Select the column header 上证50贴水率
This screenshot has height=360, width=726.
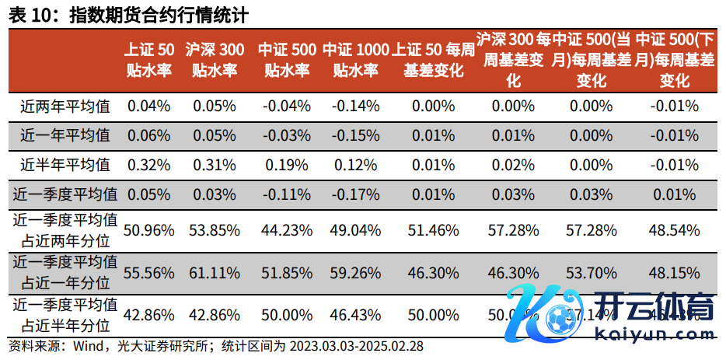point(148,60)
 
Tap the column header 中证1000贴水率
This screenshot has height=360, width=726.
point(355,60)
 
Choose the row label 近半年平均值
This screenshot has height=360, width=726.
point(65,164)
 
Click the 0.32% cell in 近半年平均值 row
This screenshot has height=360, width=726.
point(148,164)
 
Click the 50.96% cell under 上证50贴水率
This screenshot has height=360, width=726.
point(148,229)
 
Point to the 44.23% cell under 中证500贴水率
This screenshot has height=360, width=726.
point(287,229)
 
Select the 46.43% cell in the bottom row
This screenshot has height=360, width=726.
point(355,315)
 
